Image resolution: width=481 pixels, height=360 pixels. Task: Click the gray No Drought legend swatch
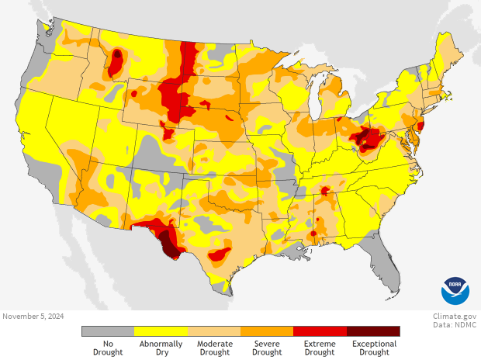[x=108, y=331]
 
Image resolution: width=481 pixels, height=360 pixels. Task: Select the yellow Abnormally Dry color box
[x=161, y=331]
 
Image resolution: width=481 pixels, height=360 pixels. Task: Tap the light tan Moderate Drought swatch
[x=214, y=331]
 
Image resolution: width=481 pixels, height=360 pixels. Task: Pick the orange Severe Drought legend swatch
[x=267, y=331]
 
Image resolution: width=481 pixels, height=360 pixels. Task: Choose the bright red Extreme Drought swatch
[x=320, y=331]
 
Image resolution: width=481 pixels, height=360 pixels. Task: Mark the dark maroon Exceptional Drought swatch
[x=373, y=331]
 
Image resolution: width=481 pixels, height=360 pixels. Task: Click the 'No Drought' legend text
[x=108, y=348]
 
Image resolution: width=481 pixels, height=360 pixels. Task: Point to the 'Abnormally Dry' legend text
[x=161, y=348]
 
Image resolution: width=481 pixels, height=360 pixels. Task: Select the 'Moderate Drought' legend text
[x=214, y=348]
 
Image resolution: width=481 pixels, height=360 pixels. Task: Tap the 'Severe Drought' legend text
[x=267, y=348]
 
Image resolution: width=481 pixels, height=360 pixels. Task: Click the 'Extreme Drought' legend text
[x=320, y=348]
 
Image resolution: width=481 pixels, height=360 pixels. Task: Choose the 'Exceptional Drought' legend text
[x=373, y=348]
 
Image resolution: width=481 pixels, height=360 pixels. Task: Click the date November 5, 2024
[x=33, y=316]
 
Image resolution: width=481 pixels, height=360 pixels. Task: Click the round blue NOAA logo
[x=455, y=291]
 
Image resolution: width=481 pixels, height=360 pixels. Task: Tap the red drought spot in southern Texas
[x=220, y=254]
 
